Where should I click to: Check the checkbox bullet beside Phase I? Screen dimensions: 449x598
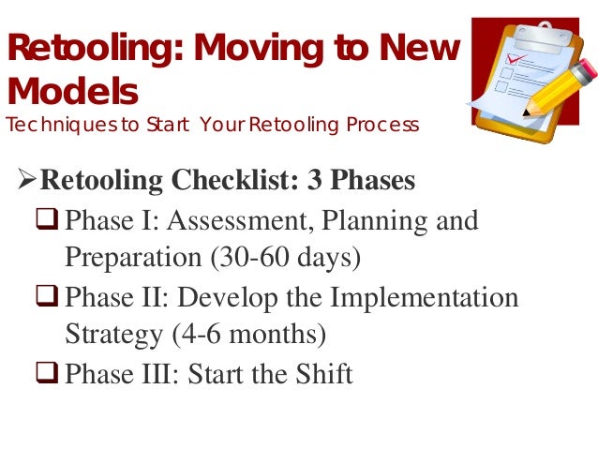click(51, 221)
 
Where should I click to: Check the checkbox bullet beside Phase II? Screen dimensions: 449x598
click(51, 298)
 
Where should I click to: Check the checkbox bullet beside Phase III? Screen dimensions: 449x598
click(51, 375)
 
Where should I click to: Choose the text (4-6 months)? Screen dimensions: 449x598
click(243, 334)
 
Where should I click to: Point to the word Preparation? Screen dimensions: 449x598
click(131, 257)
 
